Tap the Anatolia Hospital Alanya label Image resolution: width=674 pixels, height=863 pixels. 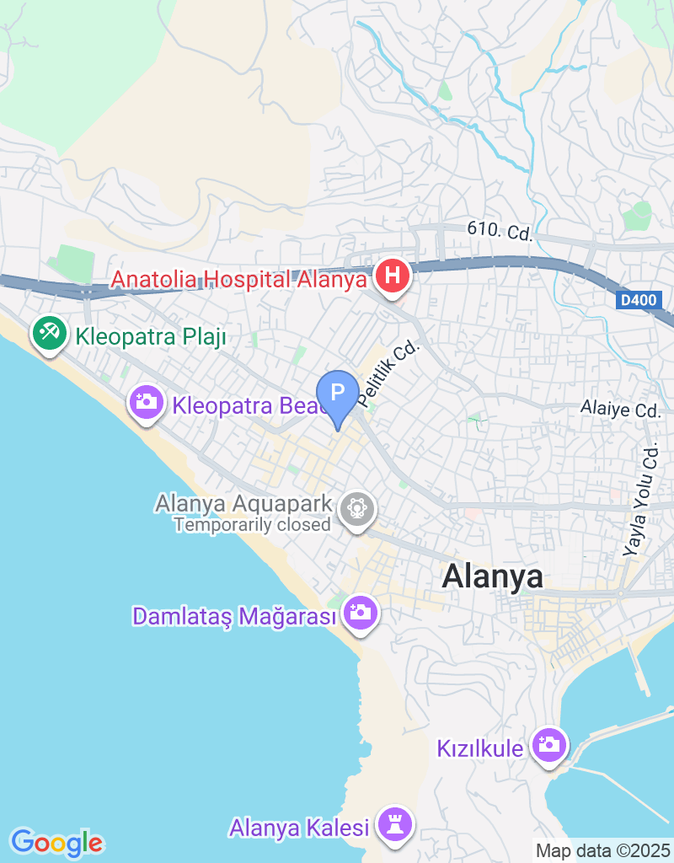coord(238,278)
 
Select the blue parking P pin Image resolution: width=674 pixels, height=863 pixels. coord(338,393)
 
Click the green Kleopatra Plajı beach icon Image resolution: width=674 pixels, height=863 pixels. coord(50,334)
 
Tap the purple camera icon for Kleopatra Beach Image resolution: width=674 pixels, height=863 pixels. coord(147,401)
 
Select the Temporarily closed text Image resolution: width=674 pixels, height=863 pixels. coord(252,525)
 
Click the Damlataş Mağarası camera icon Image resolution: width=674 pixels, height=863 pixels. coord(361,612)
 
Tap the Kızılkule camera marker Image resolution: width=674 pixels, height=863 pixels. coord(549,745)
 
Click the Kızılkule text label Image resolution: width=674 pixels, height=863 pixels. coord(480,748)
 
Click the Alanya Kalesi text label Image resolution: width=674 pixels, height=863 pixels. coord(299,828)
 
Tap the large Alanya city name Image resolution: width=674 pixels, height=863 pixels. coord(493,577)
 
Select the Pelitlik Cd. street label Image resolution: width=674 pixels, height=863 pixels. coord(388,371)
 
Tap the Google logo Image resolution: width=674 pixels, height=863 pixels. coord(57,842)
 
